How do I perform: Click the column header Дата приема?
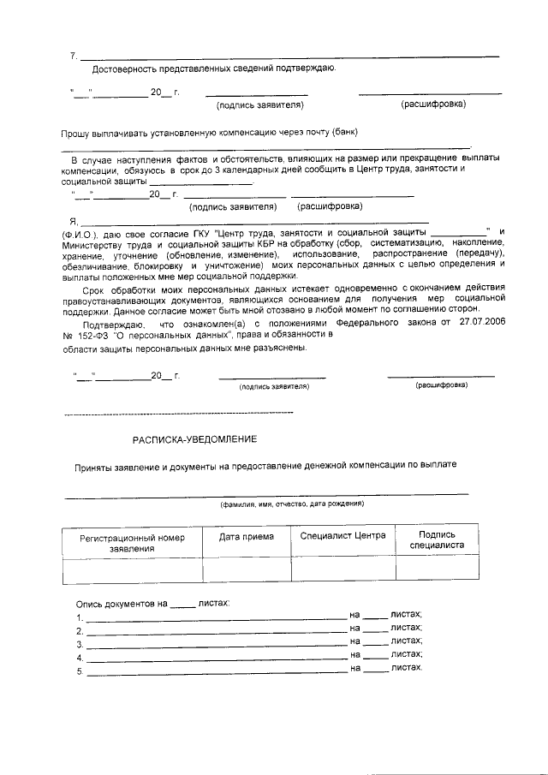pyautogui.click(x=247, y=537)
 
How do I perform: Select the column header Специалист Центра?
pyautogui.click(x=343, y=536)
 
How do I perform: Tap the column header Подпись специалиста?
pyautogui.click(x=438, y=540)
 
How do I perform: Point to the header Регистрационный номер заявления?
pyautogui.click(x=132, y=543)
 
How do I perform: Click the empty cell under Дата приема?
pyautogui.click(x=247, y=569)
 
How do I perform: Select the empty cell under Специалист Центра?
pyautogui.click(x=343, y=569)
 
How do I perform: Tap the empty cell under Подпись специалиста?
pyautogui.click(x=438, y=569)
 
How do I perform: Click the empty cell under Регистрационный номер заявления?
pyautogui.click(x=132, y=569)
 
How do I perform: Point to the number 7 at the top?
pyautogui.click(x=73, y=57)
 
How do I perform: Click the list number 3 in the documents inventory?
pyautogui.click(x=79, y=645)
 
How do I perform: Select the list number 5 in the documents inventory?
pyautogui.click(x=79, y=672)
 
